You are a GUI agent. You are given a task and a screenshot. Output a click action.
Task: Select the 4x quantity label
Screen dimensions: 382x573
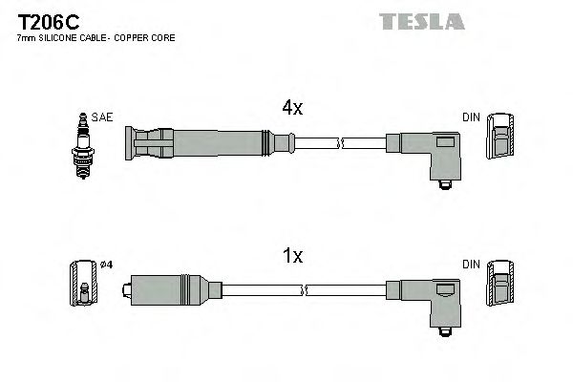click(291, 109)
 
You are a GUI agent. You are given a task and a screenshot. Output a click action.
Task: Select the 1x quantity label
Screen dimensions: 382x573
click(292, 256)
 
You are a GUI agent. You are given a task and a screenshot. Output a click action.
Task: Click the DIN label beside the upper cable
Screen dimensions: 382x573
click(471, 117)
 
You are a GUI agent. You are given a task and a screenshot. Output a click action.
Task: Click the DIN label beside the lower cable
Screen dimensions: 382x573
click(471, 264)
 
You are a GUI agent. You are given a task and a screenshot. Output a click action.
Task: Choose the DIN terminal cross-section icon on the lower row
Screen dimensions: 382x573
click(500, 286)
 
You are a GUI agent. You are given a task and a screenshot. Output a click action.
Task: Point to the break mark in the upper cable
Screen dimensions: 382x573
click(340, 143)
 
